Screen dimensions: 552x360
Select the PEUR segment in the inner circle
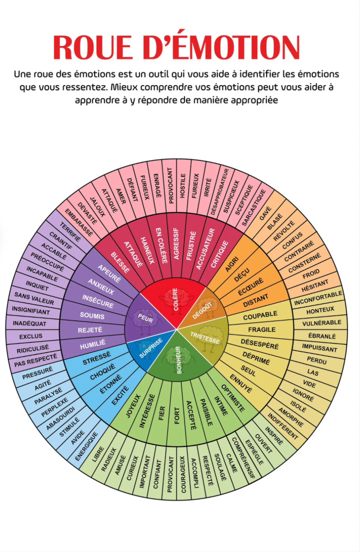coord(144,316)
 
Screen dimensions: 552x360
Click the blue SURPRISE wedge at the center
coord(151,348)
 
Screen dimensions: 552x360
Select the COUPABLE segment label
coord(260,315)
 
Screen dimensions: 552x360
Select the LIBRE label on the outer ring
coord(99,454)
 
